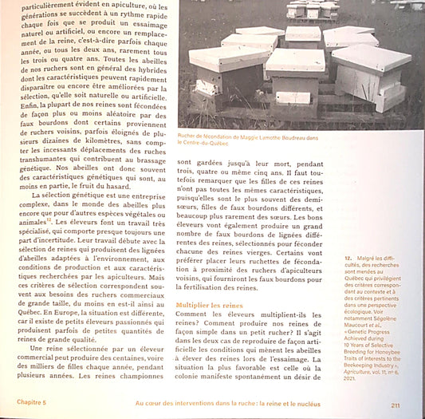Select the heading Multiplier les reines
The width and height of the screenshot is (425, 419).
click(x=209, y=306)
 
